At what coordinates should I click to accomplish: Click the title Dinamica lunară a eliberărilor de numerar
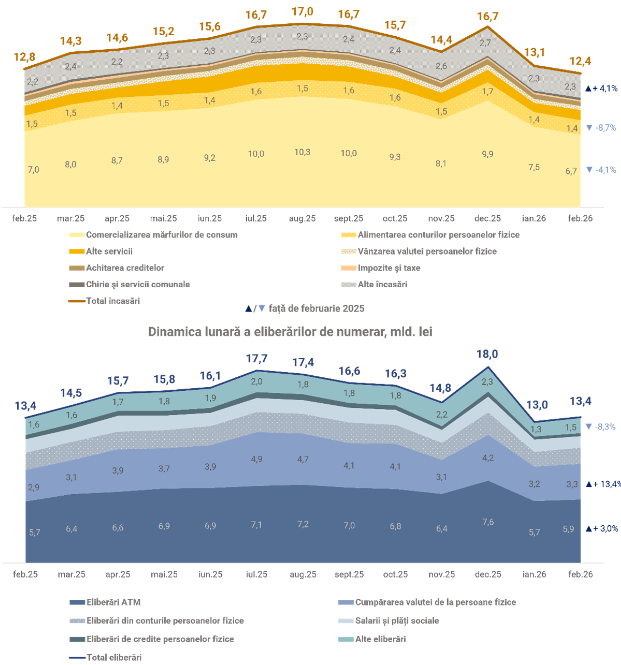[290, 332]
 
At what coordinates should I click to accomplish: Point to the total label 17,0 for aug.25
[302, 11]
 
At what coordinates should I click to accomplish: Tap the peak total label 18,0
[487, 354]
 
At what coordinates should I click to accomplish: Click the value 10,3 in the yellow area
[302, 152]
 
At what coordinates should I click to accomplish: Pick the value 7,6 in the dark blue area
[488, 522]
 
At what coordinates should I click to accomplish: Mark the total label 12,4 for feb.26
[580, 61]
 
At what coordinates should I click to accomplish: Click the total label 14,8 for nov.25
[440, 388]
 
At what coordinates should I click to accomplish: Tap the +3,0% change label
[604, 529]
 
